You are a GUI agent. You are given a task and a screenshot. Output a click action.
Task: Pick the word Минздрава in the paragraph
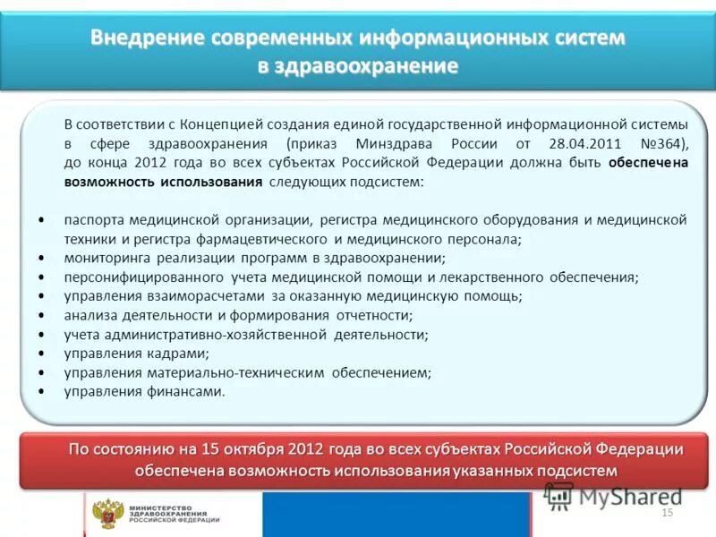coord(396,143)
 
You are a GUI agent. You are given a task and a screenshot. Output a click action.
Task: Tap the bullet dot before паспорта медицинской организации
coord(43,219)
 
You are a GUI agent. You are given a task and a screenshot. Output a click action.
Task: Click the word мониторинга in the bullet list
coord(103,258)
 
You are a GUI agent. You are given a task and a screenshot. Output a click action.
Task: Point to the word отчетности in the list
coord(374,315)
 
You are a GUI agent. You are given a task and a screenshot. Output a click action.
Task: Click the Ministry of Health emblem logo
coord(108,514)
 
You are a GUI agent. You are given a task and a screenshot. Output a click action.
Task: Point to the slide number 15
coord(667,513)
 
